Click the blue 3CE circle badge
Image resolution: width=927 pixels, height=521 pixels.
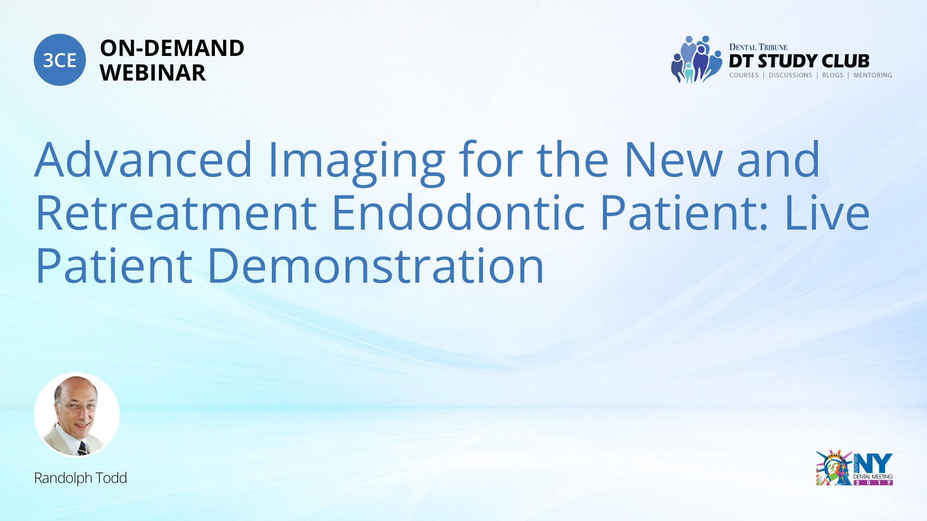click(60, 60)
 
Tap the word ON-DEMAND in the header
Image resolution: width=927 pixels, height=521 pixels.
click(172, 48)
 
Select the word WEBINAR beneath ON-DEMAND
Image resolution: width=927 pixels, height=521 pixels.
click(153, 73)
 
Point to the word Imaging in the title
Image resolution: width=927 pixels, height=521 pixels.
click(356, 163)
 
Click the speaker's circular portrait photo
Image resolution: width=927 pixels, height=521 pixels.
click(77, 414)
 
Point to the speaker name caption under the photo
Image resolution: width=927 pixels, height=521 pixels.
click(81, 478)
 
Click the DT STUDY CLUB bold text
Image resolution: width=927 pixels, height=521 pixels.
click(799, 61)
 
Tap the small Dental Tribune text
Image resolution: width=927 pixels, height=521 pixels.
click(758, 47)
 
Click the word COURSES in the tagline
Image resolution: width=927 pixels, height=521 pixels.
click(744, 75)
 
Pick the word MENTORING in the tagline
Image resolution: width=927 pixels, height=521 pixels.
click(872, 75)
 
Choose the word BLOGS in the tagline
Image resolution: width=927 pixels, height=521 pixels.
click(832, 75)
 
